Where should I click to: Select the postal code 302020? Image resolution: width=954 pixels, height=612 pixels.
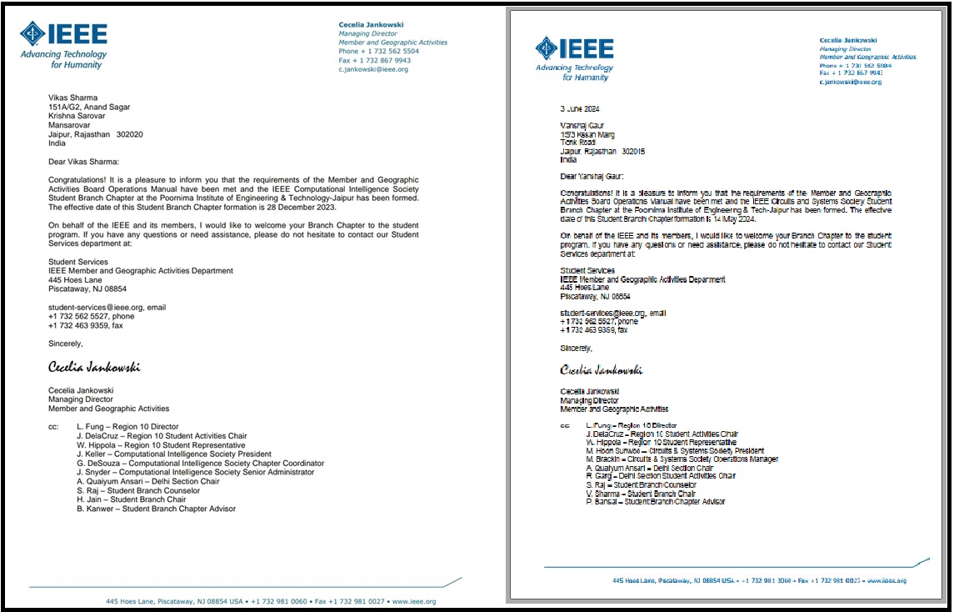(x=130, y=134)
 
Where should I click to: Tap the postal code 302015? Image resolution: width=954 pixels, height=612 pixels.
(x=634, y=151)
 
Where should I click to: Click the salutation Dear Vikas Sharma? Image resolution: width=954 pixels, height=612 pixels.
(x=83, y=162)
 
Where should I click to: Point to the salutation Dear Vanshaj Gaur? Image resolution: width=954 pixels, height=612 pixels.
(x=591, y=176)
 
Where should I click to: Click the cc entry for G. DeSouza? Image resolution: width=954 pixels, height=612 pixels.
(x=200, y=463)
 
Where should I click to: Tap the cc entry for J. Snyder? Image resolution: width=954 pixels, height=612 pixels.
(x=195, y=472)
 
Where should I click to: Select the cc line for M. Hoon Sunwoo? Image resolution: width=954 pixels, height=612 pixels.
(x=675, y=450)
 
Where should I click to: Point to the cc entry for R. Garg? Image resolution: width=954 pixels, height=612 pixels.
(x=661, y=476)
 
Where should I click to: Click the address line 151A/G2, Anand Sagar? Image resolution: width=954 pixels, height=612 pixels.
(x=88, y=107)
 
